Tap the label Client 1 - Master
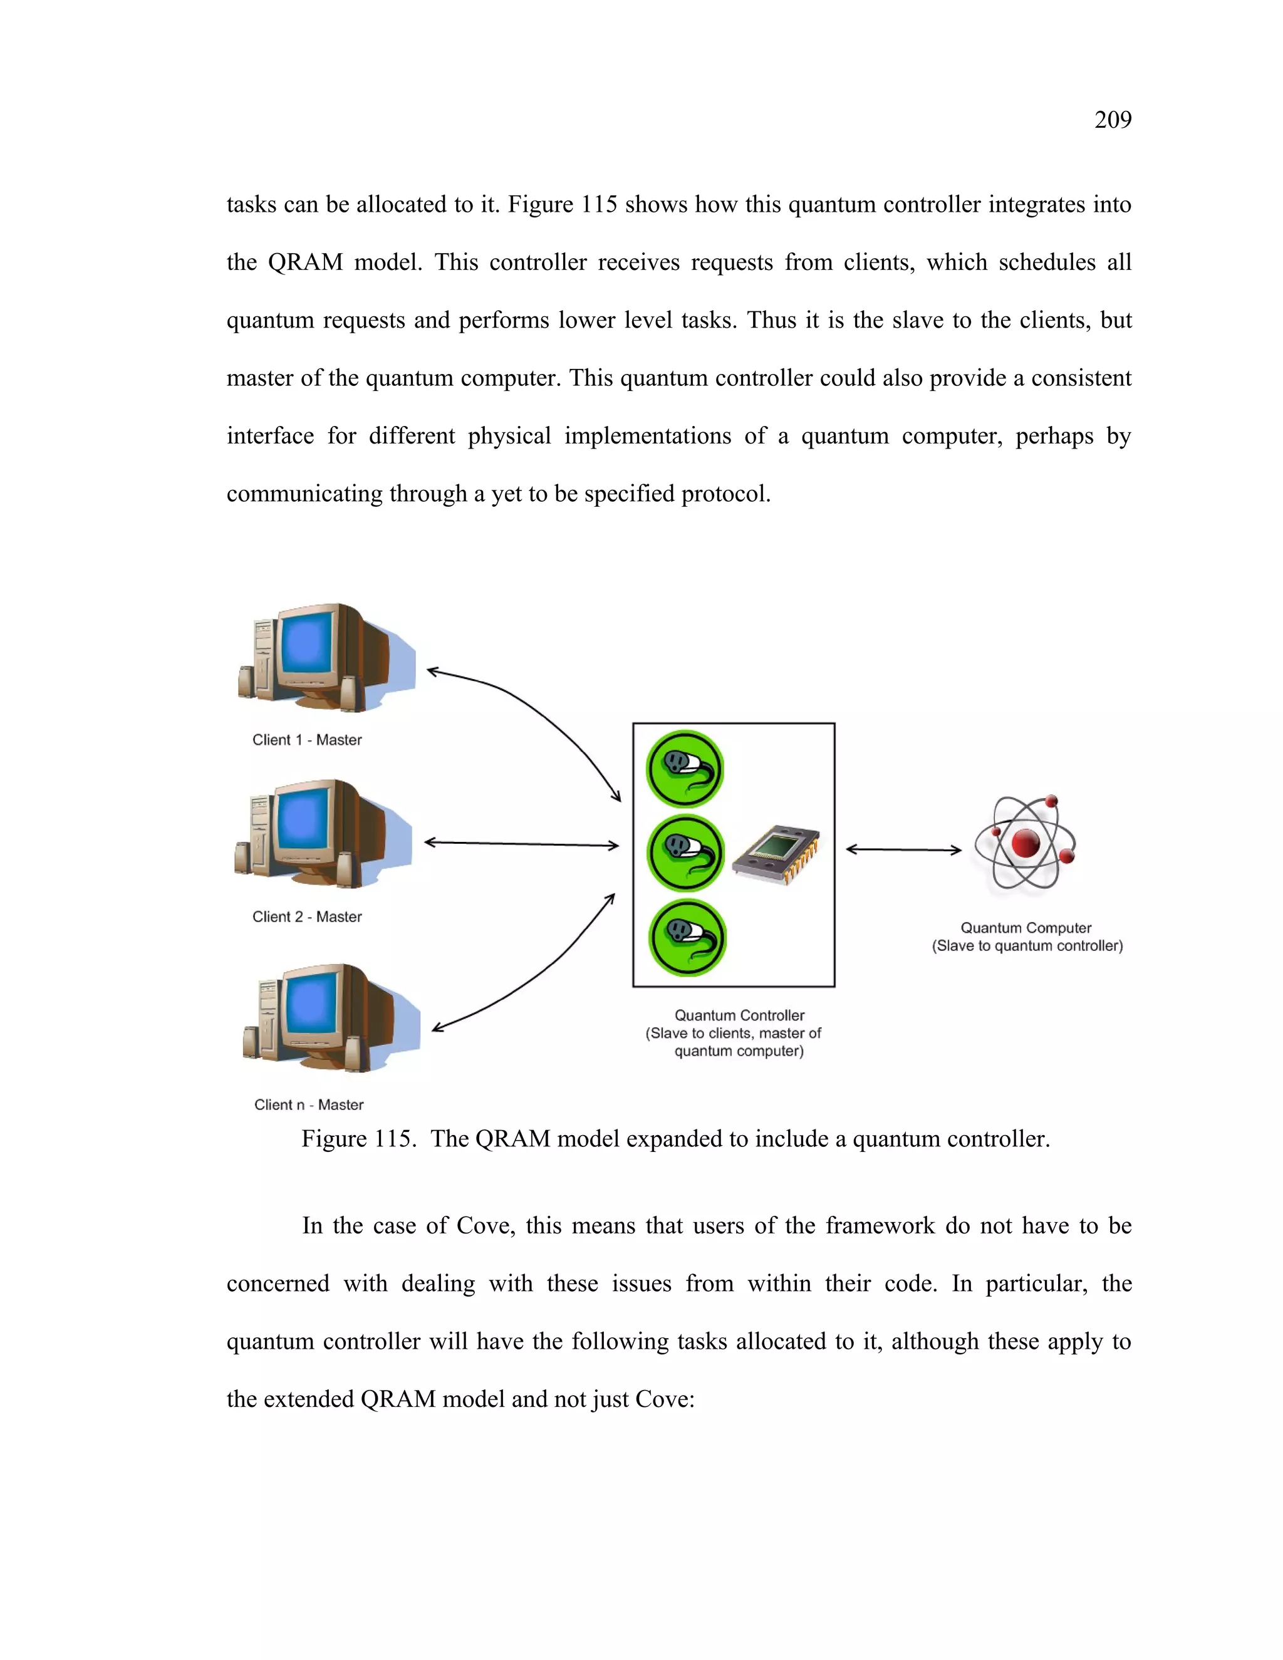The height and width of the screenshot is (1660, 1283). [x=307, y=740]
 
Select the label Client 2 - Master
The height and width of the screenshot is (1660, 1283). [x=307, y=916]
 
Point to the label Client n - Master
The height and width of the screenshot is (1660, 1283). [x=309, y=1104]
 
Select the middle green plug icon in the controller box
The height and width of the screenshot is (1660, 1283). [x=685, y=852]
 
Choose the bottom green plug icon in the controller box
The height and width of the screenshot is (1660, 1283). [x=687, y=937]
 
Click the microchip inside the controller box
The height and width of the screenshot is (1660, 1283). [x=776, y=854]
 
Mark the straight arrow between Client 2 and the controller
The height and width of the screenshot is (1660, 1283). [x=521, y=844]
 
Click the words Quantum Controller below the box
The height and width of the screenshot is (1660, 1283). [x=739, y=1015]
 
